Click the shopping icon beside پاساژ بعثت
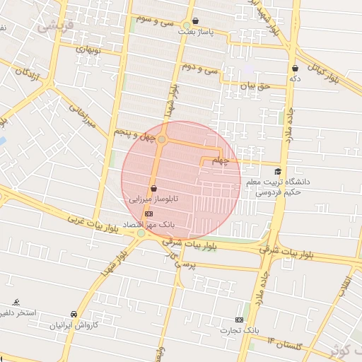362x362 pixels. (196, 21)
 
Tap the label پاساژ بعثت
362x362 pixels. (195, 32)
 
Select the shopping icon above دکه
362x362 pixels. (295, 68)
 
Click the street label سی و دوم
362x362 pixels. (200, 68)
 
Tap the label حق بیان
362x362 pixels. (255, 86)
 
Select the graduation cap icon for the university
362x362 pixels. (278, 172)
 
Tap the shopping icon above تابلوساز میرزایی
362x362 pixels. (153, 188)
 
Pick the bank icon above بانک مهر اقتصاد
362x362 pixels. (148, 213)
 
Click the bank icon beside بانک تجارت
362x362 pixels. (239, 320)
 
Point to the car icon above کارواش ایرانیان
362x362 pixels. (74, 314)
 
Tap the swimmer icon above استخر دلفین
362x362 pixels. (17, 301)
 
